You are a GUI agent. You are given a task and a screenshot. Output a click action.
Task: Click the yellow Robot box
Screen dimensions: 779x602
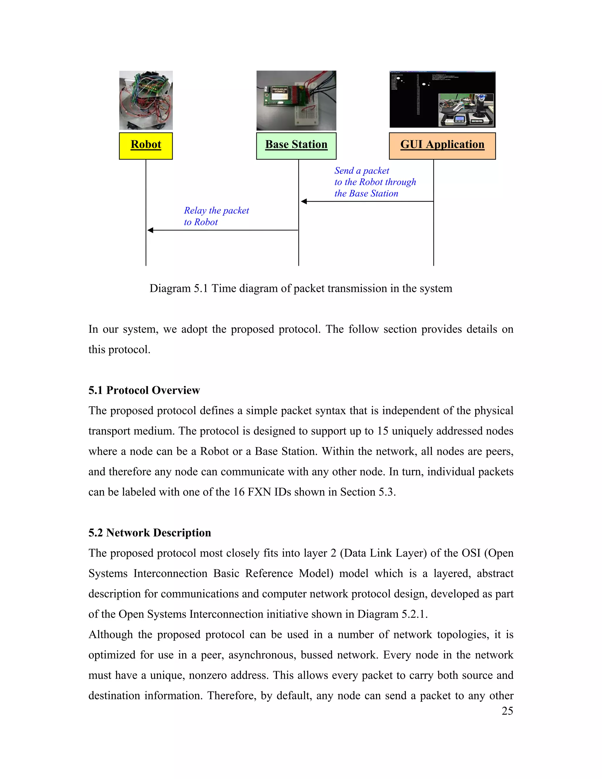point(146,146)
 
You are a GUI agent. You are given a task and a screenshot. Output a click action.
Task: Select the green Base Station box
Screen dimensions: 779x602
point(296,146)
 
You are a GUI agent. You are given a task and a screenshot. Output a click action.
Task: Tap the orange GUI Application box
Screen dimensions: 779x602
point(442,146)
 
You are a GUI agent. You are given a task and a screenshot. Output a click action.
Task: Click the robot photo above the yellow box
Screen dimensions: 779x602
point(146,100)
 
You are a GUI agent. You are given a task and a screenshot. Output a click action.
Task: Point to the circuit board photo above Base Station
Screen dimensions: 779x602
point(296,100)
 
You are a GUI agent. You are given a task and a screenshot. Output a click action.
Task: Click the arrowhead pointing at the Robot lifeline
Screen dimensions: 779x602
point(150,230)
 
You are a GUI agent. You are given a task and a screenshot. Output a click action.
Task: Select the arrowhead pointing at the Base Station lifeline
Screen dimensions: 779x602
point(304,202)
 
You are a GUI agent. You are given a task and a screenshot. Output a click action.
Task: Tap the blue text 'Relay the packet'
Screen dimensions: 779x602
point(216,210)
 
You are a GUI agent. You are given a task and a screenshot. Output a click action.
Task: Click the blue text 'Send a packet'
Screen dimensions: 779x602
point(361,170)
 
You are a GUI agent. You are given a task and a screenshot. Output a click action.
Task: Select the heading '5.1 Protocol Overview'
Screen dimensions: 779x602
point(144,390)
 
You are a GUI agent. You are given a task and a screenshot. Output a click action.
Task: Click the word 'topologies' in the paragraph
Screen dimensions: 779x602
point(463,635)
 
